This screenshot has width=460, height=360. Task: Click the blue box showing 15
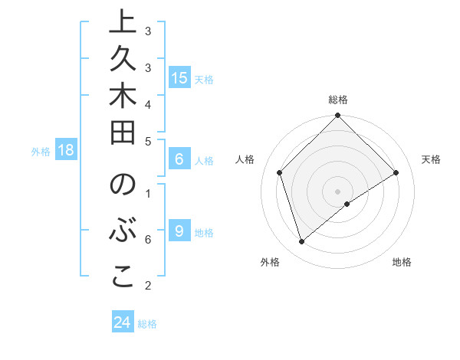click(179, 78)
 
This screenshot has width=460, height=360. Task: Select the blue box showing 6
click(179, 160)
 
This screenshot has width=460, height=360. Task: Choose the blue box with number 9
click(179, 231)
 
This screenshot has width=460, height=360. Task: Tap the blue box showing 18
click(66, 150)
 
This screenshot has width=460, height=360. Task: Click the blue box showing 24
click(122, 322)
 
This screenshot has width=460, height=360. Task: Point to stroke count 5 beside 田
click(148, 141)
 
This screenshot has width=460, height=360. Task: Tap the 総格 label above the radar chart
click(337, 100)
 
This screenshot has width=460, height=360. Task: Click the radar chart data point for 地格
click(347, 204)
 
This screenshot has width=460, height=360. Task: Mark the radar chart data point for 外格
click(301, 242)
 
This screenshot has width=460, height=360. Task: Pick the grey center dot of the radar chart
click(337, 191)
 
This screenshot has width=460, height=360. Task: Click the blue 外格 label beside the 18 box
click(41, 152)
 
